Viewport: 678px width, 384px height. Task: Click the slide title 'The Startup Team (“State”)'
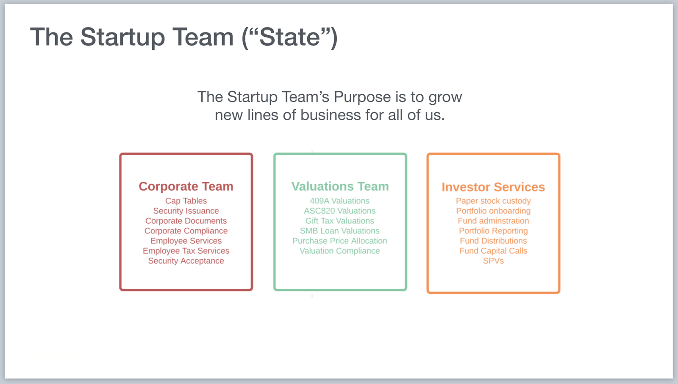coord(183,37)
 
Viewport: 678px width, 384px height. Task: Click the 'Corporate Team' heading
coord(186,187)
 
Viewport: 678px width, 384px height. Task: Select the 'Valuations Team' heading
coord(340,187)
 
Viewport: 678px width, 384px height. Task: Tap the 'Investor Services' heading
coord(493,187)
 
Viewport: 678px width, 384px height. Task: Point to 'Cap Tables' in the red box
coord(186,201)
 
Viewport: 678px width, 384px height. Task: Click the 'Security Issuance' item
coord(186,211)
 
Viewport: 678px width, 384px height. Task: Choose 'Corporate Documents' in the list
coord(186,221)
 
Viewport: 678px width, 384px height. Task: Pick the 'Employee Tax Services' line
coord(186,251)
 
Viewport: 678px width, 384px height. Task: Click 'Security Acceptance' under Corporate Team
coord(186,261)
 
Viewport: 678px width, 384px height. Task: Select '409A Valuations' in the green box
coord(339,201)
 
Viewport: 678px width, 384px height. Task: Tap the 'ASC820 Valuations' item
coord(339,211)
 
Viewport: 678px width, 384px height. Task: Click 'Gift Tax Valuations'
coord(339,221)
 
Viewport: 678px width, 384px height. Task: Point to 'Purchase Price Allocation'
coord(339,241)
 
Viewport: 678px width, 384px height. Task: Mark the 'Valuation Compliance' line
coord(339,251)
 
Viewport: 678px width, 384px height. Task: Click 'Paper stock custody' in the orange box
coord(493,201)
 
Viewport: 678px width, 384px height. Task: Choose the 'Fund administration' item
coord(493,221)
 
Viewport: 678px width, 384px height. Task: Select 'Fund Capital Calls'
coord(493,251)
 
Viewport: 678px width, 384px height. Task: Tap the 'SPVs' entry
coord(493,261)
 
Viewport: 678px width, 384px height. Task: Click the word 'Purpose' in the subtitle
coord(362,97)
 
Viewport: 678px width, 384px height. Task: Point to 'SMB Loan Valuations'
coord(339,231)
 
